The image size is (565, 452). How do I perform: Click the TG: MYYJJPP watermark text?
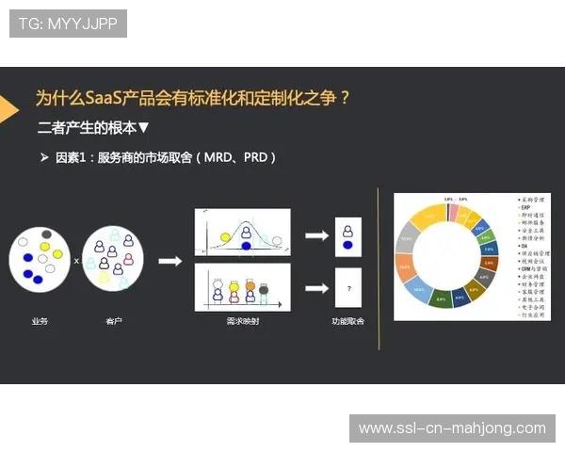coord(68,24)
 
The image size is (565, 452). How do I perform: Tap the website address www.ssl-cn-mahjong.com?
coord(452,428)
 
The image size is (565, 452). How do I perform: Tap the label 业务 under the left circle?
coord(40,321)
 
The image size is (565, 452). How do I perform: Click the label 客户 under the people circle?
coord(113,321)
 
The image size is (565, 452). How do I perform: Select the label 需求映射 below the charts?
coord(241,321)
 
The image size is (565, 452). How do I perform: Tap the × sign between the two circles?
coord(77,260)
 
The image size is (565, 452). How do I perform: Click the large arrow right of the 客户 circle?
coord(169,261)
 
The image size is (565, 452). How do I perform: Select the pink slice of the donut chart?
coord(453,210)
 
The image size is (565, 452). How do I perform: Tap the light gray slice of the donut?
coord(408,237)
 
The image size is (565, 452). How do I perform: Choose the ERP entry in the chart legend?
coord(525,207)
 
